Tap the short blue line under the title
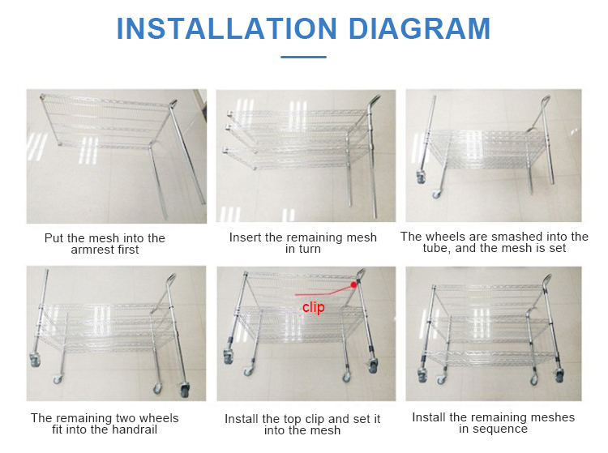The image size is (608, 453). click(x=303, y=57)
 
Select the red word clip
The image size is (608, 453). click(x=313, y=308)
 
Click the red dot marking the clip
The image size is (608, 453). click(x=354, y=284)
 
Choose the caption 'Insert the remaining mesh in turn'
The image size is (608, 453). click(x=303, y=243)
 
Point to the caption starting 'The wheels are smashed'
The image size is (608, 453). click(x=494, y=242)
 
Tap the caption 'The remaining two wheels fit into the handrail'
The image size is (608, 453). click(x=105, y=424)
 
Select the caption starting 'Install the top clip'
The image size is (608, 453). click(x=303, y=425)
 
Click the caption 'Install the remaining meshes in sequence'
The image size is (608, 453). click(x=493, y=423)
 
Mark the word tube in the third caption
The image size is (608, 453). click(x=435, y=248)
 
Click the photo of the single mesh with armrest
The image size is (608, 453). click(x=116, y=156)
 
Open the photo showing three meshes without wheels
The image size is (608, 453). click(x=306, y=156)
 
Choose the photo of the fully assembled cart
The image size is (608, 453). click(x=493, y=333)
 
